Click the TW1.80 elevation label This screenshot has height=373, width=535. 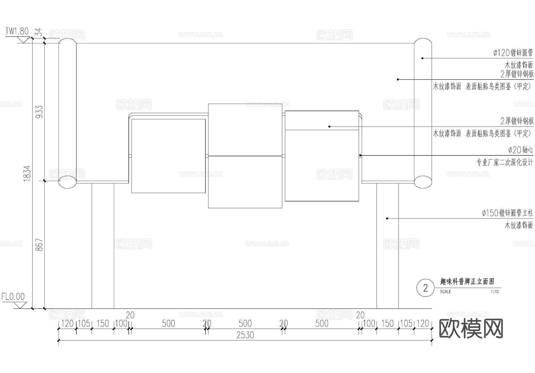17,31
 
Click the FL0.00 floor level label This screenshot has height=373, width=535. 13,297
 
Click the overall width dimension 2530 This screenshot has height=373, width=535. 245,335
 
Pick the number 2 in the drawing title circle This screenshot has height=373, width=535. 425,288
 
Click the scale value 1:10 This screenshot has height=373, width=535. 495,292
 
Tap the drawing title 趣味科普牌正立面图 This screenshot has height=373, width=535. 467,281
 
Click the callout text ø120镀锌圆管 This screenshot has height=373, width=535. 513,53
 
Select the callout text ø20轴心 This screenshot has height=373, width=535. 520,150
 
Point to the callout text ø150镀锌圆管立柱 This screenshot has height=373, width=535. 507,213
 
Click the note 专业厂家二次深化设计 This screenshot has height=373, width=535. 505,163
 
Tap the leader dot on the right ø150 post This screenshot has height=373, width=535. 387,218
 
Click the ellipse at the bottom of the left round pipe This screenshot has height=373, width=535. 67,182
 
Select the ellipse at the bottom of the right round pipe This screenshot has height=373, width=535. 423,182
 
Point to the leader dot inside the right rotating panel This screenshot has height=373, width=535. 329,127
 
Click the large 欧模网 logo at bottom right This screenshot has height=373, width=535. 471,329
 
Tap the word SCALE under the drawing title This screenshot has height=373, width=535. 446,292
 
